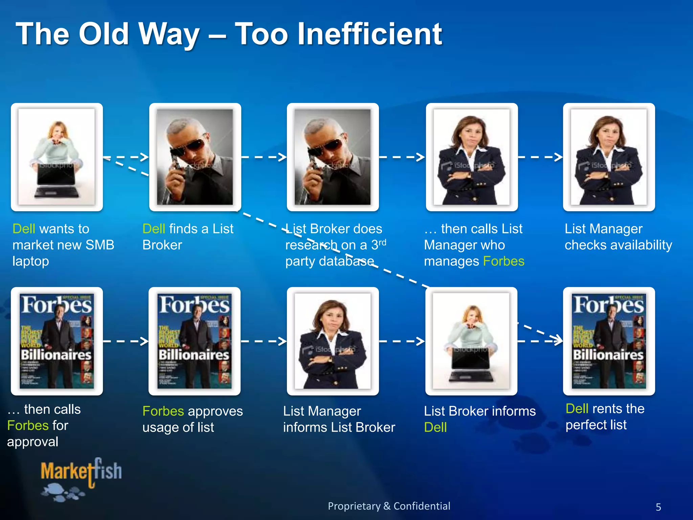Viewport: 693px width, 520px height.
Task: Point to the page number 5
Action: [658, 507]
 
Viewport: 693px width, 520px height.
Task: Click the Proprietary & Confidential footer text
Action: [389, 506]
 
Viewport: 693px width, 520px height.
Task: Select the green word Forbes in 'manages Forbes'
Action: [504, 261]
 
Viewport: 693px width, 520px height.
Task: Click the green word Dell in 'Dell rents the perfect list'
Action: [577, 409]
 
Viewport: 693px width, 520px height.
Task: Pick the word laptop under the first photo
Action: [30, 261]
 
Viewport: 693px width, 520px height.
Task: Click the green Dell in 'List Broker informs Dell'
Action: [435, 427]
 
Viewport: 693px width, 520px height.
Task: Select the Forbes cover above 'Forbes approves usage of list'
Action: [195, 341]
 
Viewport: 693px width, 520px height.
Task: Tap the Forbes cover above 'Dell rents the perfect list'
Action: [609, 341]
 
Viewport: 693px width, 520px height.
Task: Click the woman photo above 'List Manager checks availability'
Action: [609, 157]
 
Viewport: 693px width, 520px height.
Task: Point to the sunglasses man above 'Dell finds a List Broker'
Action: [195, 157]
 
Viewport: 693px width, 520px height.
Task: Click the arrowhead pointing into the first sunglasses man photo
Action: [144, 157]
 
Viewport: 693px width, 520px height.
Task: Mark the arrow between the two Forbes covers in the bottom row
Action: [126, 341]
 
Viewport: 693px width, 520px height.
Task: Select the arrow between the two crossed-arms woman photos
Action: [540, 157]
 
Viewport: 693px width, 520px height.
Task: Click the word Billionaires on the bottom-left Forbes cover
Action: [56, 355]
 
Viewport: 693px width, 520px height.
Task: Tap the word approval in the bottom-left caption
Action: [32, 442]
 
